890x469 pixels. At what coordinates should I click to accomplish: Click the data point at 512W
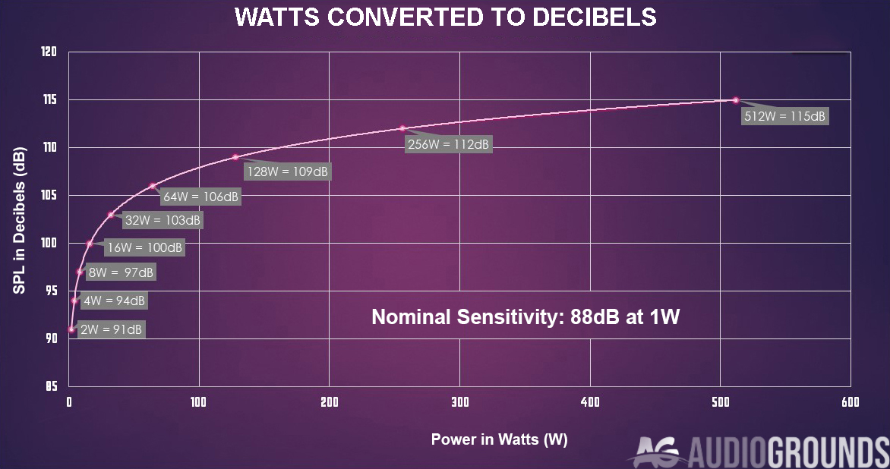(735, 100)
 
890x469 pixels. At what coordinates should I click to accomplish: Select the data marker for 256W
(402, 128)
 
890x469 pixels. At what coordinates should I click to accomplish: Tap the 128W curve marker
(235, 157)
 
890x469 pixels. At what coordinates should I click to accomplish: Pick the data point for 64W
(152, 186)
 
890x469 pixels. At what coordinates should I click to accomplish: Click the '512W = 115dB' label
(784, 117)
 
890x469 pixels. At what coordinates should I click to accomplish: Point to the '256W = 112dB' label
(449, 144)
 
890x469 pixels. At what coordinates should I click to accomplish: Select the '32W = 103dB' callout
(163, 221)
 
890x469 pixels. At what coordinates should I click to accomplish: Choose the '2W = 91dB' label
(111, 329)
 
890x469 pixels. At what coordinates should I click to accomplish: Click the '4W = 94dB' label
(113, 301)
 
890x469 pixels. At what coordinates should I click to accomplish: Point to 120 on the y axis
(49, 52)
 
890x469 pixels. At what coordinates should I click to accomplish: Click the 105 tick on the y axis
(49, 196)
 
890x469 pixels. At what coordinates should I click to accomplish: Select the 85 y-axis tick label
(51, 386)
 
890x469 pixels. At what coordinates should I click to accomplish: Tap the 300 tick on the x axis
(459, 402)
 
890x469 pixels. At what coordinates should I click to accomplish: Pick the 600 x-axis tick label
(850, 402)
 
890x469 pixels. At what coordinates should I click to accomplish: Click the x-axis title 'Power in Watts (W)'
(499, 439)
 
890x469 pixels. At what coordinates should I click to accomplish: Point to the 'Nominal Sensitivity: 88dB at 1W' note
(525, 317)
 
